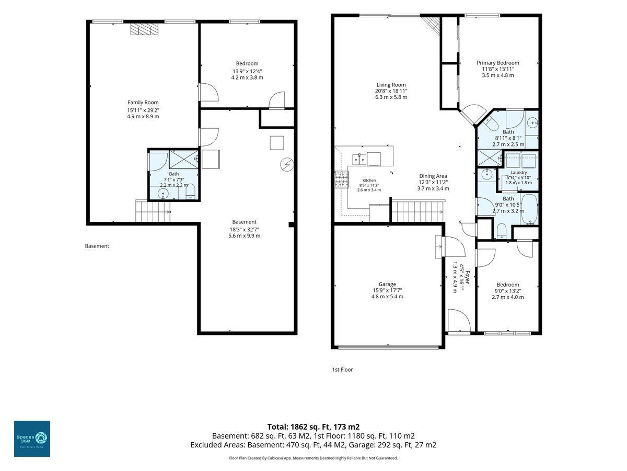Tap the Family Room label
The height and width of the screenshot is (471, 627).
143,103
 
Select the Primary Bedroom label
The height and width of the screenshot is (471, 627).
497,63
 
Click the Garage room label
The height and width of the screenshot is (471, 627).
387,284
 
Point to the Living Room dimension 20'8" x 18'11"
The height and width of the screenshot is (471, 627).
391,91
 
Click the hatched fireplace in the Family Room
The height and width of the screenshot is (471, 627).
144,29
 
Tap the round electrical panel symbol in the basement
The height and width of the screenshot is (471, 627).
287,165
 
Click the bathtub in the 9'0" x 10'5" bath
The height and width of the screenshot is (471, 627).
529,209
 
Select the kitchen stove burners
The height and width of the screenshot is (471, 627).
342,180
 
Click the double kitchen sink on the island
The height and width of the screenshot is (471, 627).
359,159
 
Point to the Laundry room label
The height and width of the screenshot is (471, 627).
518,173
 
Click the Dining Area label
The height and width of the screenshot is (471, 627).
433,176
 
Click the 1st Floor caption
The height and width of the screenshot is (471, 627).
342,369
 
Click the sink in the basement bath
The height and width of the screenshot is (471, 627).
164,193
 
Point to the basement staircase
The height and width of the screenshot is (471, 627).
153,211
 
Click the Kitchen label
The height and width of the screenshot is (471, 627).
369,180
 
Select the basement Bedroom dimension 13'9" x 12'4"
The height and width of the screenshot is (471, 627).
247,71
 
